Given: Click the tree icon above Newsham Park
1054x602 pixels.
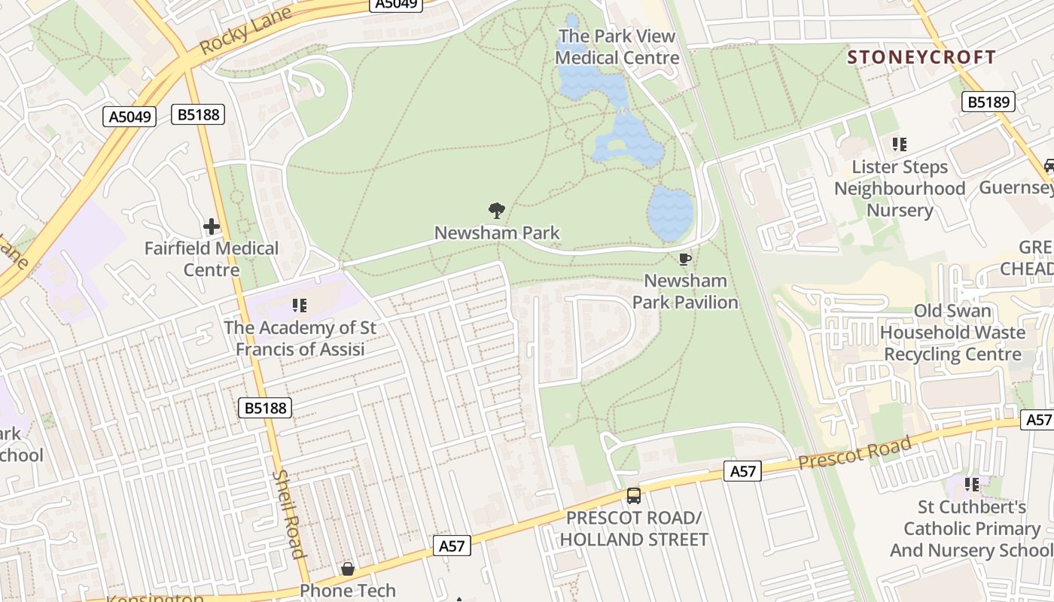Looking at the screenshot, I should point(496,211).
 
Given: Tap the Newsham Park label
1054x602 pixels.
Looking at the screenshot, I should point(497,233).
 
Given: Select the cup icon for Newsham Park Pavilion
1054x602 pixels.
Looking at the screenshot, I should point(684,260).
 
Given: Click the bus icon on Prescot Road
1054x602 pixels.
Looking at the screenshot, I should point(634,496).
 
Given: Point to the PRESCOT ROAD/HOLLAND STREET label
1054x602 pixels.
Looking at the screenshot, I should point(634,529).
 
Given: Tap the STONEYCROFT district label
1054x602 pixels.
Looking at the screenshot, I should point(921,57).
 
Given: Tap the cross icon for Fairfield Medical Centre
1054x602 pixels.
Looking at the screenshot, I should point(212,226).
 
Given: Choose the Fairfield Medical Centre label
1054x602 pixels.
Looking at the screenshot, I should point(212,259).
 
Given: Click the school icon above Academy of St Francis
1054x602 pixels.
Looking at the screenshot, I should point(300,306).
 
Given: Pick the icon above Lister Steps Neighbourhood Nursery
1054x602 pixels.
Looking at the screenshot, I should point(899,144).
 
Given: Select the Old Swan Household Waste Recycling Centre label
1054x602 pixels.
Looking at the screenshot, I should point(952,333).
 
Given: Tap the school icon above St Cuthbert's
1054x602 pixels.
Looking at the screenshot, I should point(972,484).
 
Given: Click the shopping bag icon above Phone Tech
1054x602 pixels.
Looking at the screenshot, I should point(348,568).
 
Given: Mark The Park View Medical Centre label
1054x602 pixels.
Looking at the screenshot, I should point(617,47).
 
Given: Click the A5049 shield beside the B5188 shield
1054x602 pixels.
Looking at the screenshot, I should point(129,117).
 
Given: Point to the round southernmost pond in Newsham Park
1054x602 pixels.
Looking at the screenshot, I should point(669,213).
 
